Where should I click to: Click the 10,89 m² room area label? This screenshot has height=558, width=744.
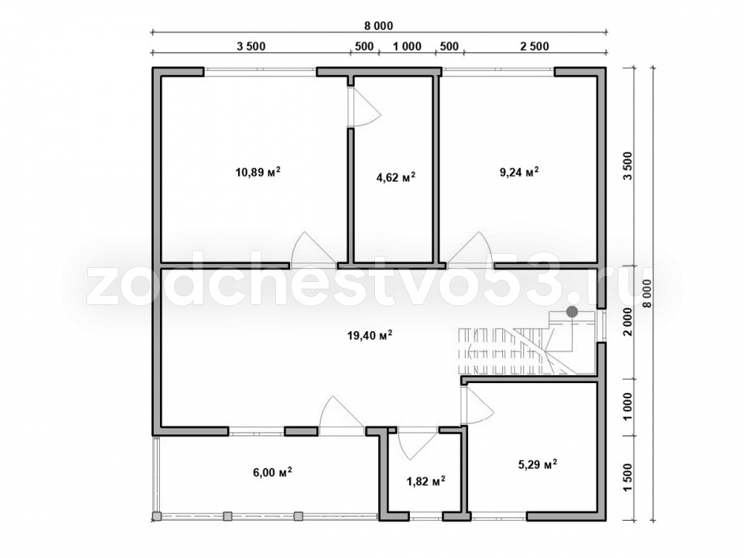pos(257,172)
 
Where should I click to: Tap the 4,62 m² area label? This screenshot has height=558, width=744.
pos(396,178)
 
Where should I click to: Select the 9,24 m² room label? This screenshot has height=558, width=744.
pos(519,172)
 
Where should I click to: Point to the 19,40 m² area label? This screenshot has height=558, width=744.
pos(370,336)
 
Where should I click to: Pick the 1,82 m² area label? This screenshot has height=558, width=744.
pos(426,481)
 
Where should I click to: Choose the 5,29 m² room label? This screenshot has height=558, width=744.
pos(537,464)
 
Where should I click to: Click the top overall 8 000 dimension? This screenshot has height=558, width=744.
pos(379,25)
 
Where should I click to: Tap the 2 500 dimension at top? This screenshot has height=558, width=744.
pos(534,46)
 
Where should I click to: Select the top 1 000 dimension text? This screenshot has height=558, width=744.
pos(407,46)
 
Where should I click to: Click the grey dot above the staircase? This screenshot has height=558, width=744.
pos(573,312)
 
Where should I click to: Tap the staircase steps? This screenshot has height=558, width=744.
pos(503,351)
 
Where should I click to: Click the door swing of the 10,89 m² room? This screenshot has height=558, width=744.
pos(313,248)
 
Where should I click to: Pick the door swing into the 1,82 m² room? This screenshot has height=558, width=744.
pos(417,443)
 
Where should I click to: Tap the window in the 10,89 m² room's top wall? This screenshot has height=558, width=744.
pos(260,71)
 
